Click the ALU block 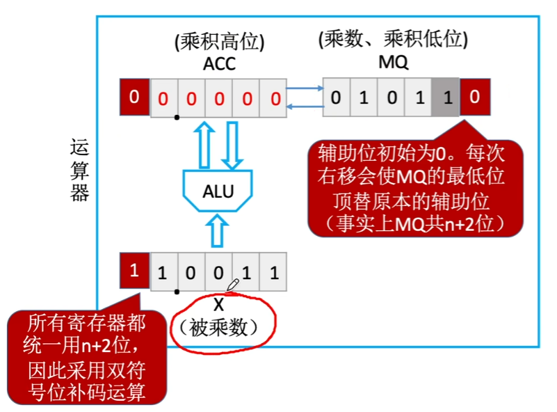click(x=218, y=191)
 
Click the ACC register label click(x=219, y=64)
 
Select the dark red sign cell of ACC click(x=134, y=96)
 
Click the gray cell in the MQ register click(x=446, y=97)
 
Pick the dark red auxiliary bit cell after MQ click(x=474, y=97)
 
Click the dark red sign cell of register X click(x=134, y=271)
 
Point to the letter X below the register click(x=218, y=305)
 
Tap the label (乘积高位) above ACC click(x=219, y=42)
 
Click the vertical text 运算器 click(x=80, y=170)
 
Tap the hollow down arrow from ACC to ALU click(x=232, y=143)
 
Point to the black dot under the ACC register click(x=177, y=117)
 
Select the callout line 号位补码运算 click(x=87, y=392)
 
